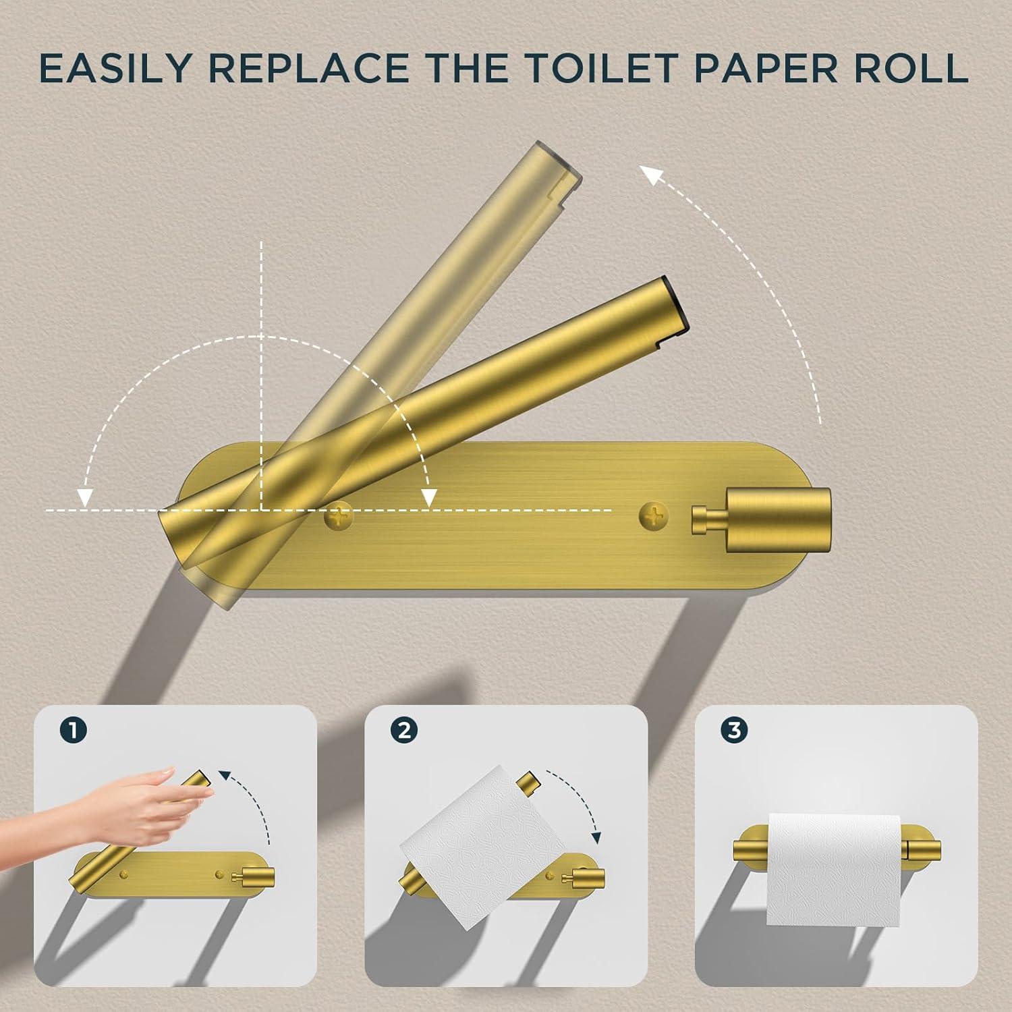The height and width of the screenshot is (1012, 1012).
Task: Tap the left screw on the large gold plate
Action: (339, 518)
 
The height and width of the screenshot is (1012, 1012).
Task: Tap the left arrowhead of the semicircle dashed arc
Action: (84, 497)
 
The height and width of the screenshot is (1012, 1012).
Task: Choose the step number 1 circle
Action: (73, 731)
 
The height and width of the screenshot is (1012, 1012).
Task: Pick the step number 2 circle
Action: (404, 731)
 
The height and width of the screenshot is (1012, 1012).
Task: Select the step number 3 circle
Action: (735, 731)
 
